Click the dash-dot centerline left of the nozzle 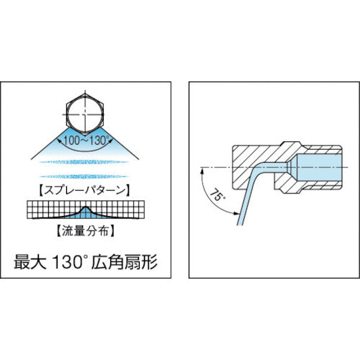[x=216, y=171]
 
